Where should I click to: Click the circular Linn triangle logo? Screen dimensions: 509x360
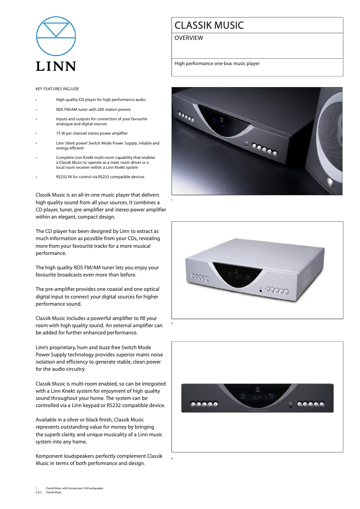56,36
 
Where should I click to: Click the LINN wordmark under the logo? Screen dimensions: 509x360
56,66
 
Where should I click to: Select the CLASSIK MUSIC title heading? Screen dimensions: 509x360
209,26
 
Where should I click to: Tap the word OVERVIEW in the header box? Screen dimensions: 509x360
189,38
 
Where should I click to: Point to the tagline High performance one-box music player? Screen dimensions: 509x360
217,64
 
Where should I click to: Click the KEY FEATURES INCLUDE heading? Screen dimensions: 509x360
57,89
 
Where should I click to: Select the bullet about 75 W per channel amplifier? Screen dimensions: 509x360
92,133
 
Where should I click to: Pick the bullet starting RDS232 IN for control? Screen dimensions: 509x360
100,177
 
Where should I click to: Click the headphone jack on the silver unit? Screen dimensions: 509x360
261,291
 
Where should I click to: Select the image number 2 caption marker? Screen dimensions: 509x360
172,323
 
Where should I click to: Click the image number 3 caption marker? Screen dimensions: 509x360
172,459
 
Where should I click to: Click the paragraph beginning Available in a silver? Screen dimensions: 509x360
99,430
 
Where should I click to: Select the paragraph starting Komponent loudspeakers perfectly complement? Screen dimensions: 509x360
99,460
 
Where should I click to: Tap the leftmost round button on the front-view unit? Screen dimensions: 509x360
194,404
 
